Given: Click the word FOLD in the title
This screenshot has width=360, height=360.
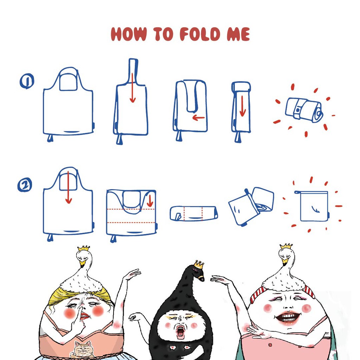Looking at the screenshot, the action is [x=200, y=34].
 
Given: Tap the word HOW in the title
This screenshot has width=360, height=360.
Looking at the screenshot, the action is [x=129, y=34].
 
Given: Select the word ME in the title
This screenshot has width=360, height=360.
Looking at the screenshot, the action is [x=238, y=34].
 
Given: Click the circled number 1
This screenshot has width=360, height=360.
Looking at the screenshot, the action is [x=27, y=81].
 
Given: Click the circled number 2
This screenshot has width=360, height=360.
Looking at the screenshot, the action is [x=25, y=185].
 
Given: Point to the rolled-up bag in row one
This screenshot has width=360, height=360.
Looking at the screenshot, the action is [x=304, y=110].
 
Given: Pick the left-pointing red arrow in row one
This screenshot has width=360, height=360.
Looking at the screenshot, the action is [x=198, y=118].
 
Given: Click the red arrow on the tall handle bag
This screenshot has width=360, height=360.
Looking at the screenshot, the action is [x=133, y=88].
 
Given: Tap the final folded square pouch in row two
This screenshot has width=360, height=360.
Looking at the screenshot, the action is [x=312, y=206].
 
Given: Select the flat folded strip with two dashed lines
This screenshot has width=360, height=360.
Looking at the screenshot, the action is [x=194, y=213].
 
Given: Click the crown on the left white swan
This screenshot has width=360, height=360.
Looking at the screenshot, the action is [x=84, y=249].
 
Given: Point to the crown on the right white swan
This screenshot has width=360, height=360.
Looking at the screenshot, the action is [x=286, y=246].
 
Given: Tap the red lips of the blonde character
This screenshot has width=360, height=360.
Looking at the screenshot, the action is [x=85, y=316].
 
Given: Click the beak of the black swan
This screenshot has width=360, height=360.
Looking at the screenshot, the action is [x=201, y=278].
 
